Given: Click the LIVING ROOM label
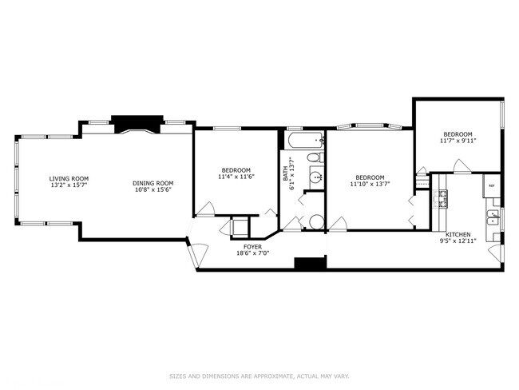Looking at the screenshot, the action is [69, 178].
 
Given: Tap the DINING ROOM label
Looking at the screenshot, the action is [153, 183].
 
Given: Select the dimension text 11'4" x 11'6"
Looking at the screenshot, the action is [236, 177].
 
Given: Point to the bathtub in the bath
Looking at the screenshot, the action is [306, 141].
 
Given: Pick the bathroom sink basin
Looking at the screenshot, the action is [316, 177].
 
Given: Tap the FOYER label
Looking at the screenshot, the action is [252, 247].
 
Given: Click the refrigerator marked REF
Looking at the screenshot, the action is [492, 185].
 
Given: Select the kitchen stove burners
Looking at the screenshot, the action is [440, 199].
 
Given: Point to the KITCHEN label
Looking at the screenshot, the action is [458, 235].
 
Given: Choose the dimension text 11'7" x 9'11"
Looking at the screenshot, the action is [458, 141].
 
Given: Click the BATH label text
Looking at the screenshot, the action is [285, 176].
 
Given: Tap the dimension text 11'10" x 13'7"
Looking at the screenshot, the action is [368, 184].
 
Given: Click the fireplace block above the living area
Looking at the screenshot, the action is [137, 124].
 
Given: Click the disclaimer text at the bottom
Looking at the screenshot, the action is [259, 376].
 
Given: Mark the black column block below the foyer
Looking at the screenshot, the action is [311, 263].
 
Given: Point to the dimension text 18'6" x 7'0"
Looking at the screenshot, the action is [252, 253].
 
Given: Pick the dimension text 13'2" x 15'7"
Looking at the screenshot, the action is [69, 185].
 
